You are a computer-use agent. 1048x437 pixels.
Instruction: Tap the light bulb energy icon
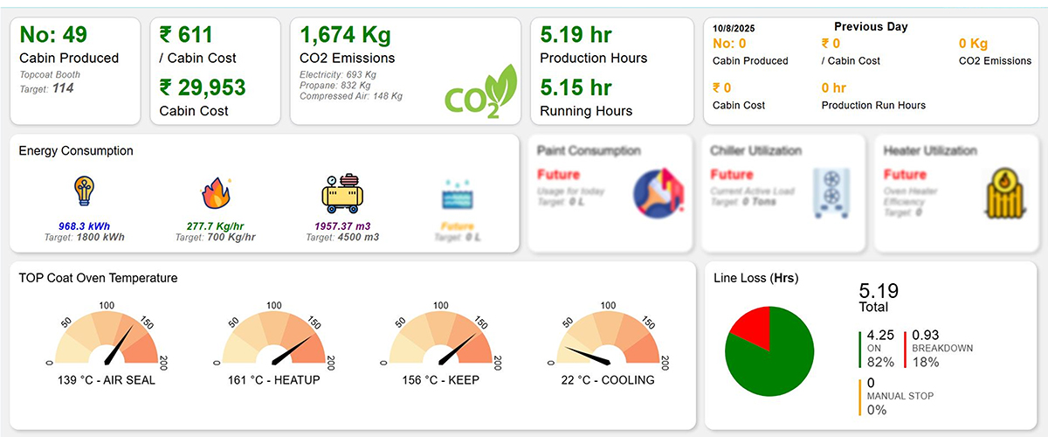point(85,191)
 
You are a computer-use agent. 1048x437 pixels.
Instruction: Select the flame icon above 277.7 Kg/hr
point(215,193)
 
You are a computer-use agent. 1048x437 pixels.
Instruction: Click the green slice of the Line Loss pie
point(773,363)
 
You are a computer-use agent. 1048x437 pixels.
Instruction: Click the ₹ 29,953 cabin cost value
point(203,87)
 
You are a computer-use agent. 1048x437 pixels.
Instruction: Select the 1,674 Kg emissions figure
point(345,35)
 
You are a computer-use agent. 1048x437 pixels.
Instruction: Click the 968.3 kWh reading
point(86,225)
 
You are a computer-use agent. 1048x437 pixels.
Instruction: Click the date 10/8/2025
point(734,28)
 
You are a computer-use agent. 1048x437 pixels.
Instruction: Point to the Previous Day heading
point(871,26)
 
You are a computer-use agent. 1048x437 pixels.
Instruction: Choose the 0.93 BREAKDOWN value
point(926,335)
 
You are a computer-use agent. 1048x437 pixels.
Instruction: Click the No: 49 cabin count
point(52,35)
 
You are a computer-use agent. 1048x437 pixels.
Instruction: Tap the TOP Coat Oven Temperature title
point(98,278)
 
